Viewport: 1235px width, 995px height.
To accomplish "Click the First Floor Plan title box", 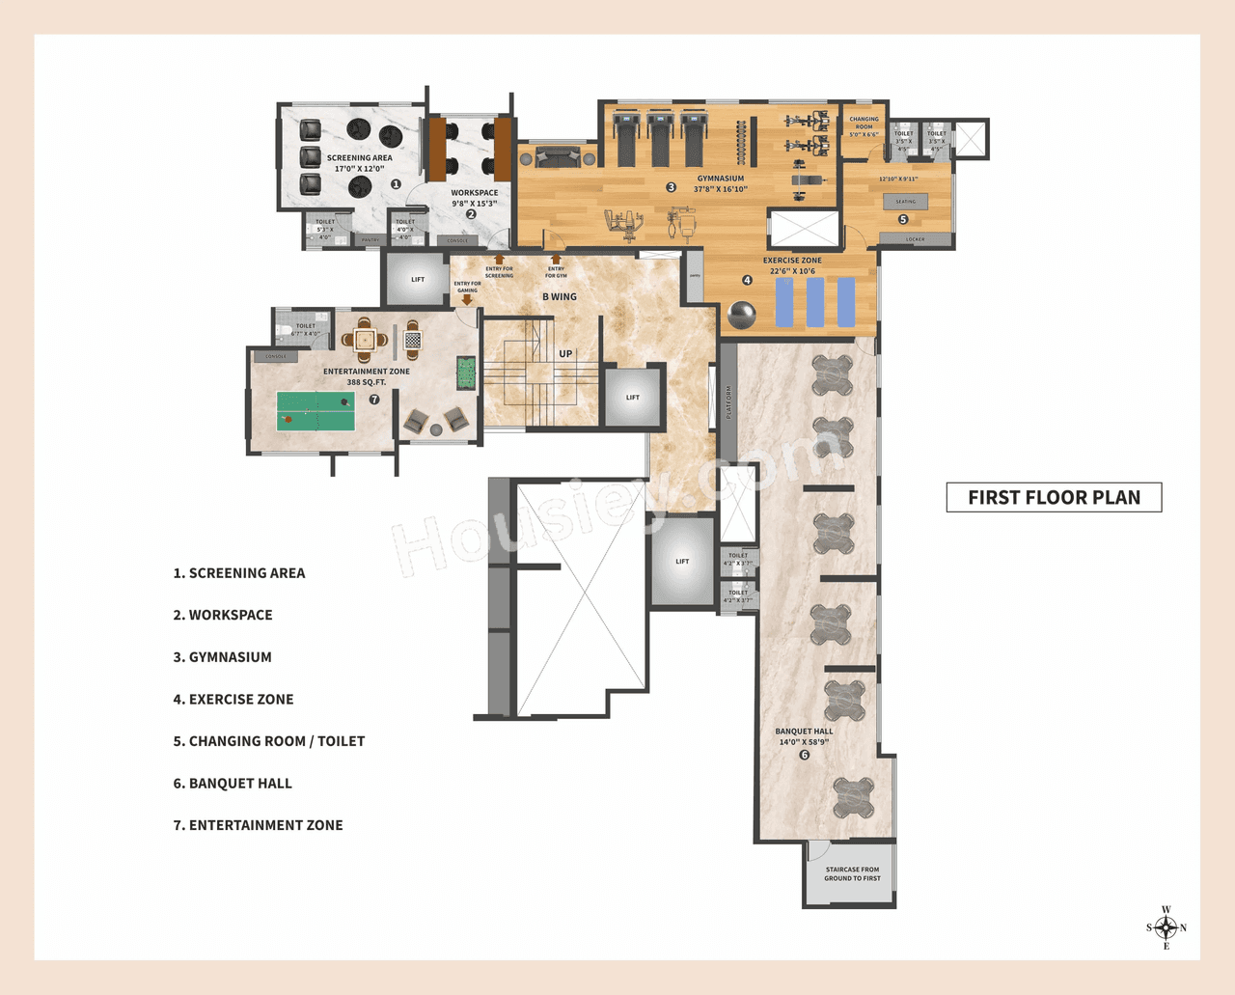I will coord(1054,497).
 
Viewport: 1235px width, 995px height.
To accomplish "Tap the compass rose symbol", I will coord(1166,928).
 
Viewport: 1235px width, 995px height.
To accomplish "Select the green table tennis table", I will coord(316,411).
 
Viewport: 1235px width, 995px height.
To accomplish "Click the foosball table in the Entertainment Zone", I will coord(466,373).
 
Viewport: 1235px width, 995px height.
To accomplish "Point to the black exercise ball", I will coord(742,316).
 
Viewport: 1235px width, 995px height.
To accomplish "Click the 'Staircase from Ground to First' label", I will coord(852,874).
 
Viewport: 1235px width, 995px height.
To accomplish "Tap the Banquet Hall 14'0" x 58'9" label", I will coord(804,736).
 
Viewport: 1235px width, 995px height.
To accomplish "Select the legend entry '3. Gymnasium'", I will coord(223,657).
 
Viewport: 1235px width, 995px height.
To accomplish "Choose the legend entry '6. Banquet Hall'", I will coord(233,784).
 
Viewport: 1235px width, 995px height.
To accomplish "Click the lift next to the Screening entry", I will coord(417,280).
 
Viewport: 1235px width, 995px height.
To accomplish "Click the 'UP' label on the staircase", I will coord(565,354).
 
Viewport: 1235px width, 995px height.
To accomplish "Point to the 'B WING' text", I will coord(560,297).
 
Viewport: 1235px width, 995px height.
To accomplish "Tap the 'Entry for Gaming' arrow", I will coord(467,300).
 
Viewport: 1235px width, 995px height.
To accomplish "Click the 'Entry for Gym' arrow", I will coord(556,260).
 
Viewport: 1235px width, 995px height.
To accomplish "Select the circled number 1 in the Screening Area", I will coord(396,184).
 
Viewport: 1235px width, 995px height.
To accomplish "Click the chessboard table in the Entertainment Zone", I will coord(412,340).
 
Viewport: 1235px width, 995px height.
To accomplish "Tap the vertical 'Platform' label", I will coord(728,401).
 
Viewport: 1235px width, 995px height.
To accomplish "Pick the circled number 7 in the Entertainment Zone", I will coord(374,400).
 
